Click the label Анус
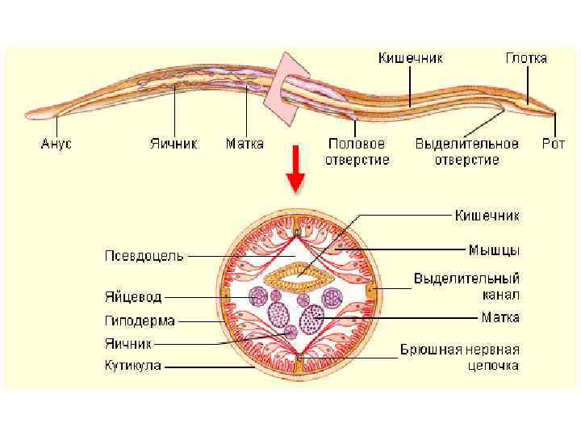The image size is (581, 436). pos(56,144)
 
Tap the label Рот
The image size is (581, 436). pos(554,144)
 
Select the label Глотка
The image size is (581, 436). pos(526,58)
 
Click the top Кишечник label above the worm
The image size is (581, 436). pos(411,58)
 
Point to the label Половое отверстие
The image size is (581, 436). pos(357,151)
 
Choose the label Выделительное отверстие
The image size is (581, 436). pos(466,151)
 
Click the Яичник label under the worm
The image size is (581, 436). pos(173,144)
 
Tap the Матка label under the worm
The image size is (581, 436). pos(245,144)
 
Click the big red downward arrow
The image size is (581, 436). pos(296,168)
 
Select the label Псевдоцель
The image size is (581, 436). pos(144,256)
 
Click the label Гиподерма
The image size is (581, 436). pos(139,321)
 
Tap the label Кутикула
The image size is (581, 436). pos(133,365)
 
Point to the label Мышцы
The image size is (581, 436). pos(494,249)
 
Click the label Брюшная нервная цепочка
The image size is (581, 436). pos(460,357)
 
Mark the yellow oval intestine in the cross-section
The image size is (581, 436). pos(299,279)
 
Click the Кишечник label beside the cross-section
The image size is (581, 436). pos(487,216)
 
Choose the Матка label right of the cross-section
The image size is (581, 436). pos(500,317)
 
